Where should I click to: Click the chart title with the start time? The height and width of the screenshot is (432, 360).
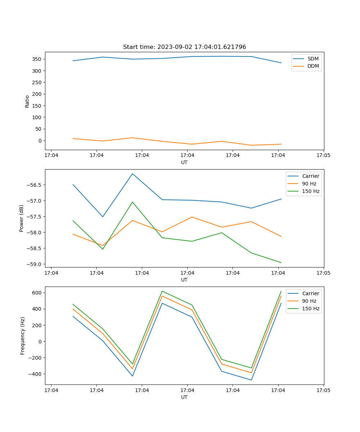coord(184,47)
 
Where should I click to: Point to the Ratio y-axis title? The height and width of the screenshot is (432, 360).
coord(27,102)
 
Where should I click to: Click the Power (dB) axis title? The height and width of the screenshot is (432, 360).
coord(22,218)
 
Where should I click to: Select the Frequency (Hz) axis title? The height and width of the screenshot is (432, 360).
coord(22,336)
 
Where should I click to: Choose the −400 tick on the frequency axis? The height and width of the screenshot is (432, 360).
coord(35,374)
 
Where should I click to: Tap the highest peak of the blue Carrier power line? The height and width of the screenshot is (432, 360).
coord(132,174)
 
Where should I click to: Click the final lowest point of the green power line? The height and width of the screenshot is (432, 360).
coord(281,263)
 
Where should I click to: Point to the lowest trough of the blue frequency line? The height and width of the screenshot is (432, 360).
coord(251,380)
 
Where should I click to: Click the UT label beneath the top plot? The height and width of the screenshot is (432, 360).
coord(184,162)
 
